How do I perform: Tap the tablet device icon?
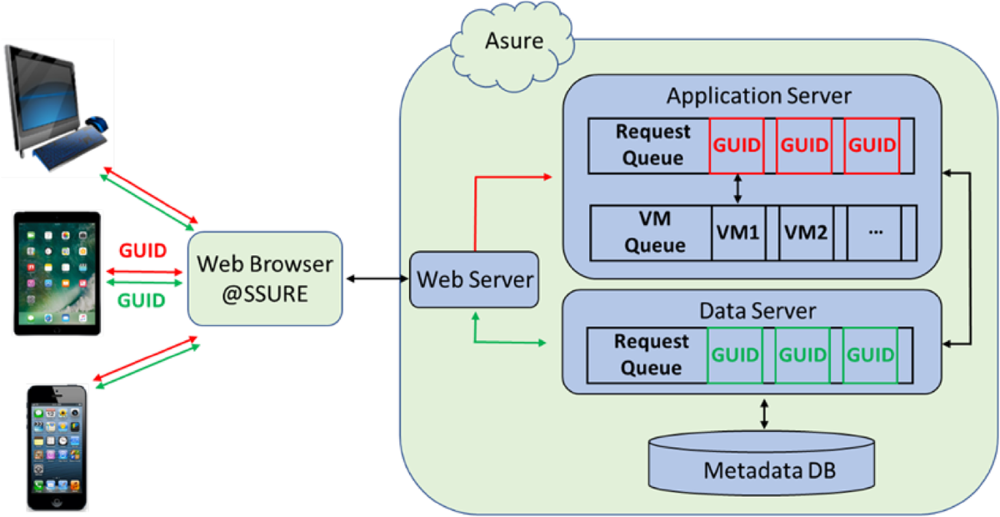click(x=57, y=273)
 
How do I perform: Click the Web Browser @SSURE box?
click(x=264, y=278)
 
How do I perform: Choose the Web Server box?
click(x=475, y=279)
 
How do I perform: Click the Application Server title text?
click(x=758, y=95)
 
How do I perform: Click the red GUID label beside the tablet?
click(x=142, y=250)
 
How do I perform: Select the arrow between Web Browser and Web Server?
click(x=375, y=278)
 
